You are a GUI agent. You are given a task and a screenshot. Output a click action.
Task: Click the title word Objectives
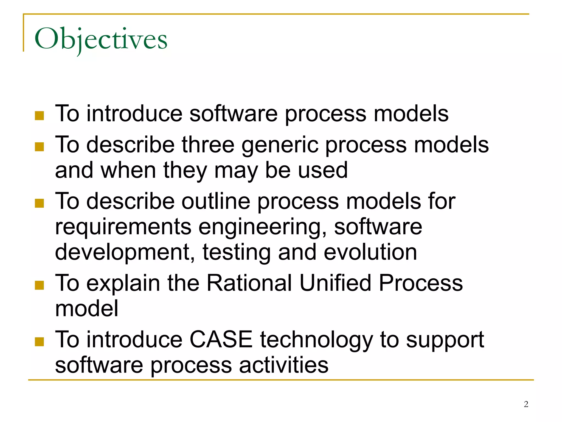101,39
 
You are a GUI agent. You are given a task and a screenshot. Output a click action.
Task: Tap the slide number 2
526,404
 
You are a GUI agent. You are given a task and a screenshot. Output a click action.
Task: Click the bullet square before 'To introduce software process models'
40,116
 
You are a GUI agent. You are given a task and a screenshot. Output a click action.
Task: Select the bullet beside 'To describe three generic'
40,147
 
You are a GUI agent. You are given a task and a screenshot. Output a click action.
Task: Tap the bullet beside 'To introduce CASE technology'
40,342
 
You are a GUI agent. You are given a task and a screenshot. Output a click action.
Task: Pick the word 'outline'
216,201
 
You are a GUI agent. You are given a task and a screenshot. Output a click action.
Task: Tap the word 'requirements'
123,227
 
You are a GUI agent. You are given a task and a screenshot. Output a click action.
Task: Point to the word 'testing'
237,253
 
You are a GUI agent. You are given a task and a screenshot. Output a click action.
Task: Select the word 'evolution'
370,252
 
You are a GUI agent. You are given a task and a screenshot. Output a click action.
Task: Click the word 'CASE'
221,340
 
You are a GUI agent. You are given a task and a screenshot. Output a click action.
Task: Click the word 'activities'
283,365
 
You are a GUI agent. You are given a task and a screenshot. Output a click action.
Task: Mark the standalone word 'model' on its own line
87,309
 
